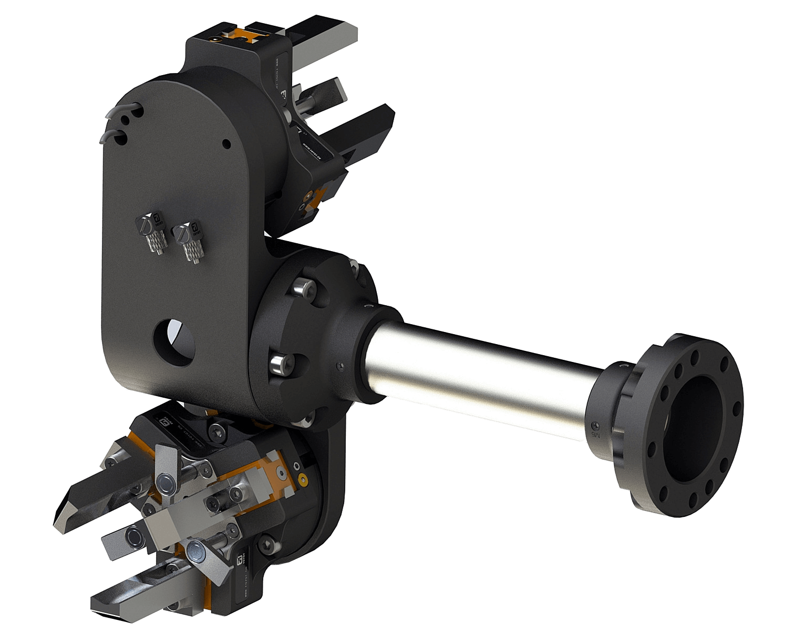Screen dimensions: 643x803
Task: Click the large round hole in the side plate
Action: tap(173, 341)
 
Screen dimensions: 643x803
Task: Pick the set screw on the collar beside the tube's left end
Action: tap(341, 366)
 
